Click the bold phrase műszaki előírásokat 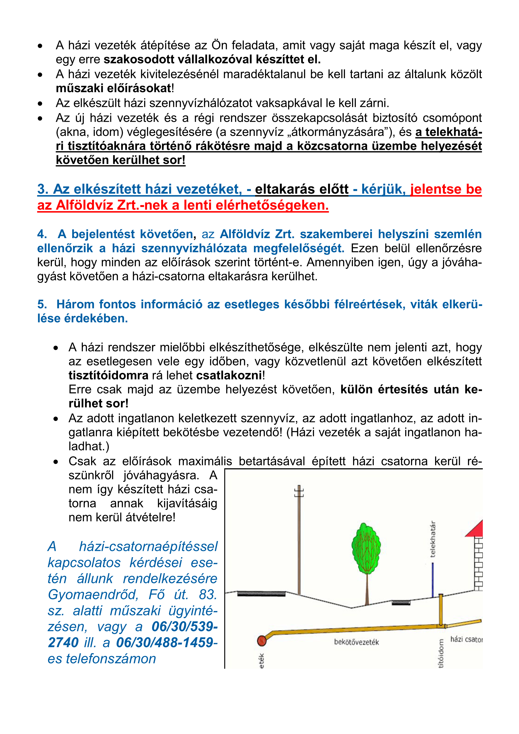click(113, 89)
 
